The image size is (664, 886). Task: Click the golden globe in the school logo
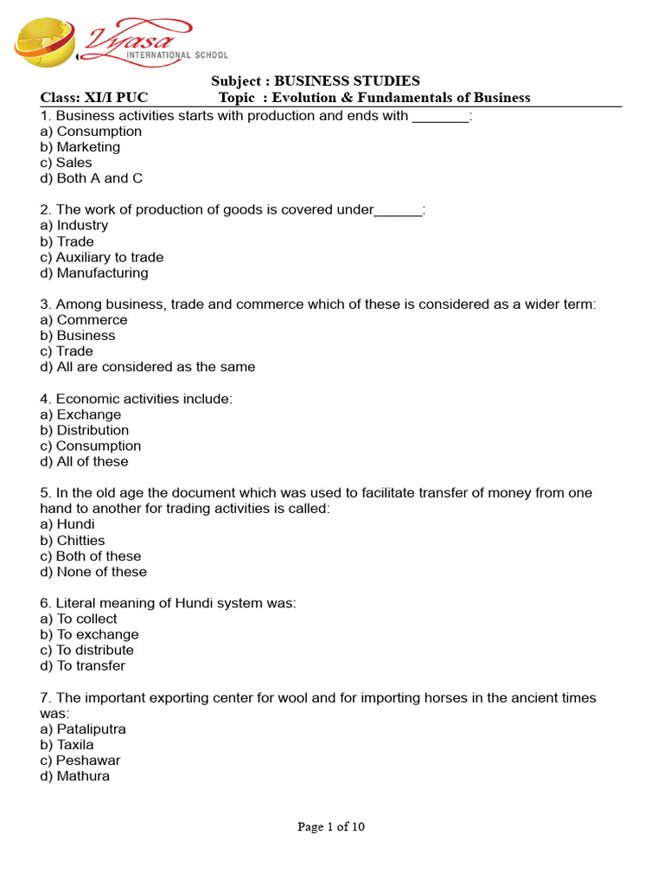[x=43, y=46]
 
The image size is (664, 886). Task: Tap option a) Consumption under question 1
[x=91, y=132]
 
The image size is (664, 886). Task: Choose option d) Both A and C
[x=92, y=178]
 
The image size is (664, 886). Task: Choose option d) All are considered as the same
[x=148, y=367]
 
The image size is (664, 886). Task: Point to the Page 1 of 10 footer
[x=331, y=826]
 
